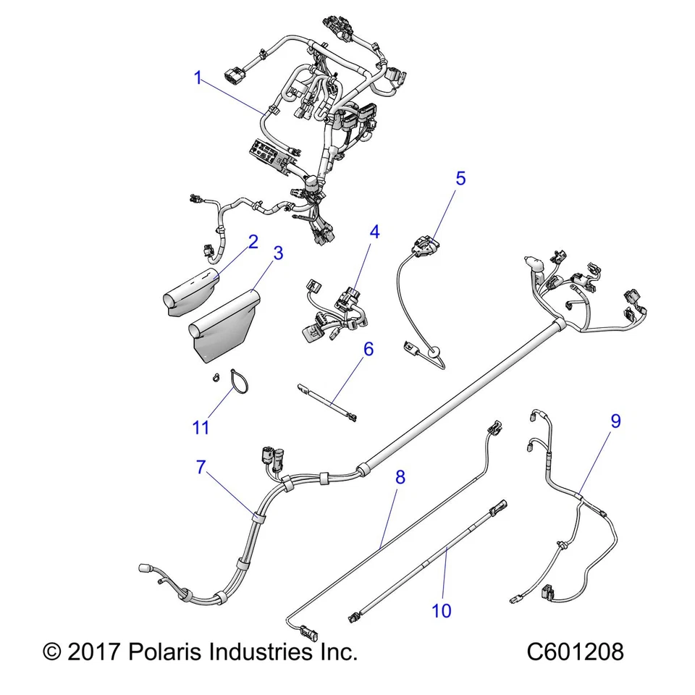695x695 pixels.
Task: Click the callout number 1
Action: click(x=198, y=78)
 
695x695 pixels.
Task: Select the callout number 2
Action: click(x=253, y=242)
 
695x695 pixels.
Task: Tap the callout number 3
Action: click(x=277, y=253)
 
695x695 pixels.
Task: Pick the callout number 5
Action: click(x=460, y=178)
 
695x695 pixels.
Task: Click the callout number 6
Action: click(x=368, y=349)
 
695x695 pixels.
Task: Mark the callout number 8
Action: click(x=400, y=477)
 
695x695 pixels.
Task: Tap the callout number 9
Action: click(x=615, y=421)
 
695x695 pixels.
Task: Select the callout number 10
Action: click(x=441, y=611)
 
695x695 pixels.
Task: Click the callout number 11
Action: click(x=201, y=427)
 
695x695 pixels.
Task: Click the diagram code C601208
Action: click(x=575, y=651)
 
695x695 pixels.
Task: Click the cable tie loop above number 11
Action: click(x=237, y=381)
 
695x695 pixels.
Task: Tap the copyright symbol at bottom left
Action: click(x=52, y=651)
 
